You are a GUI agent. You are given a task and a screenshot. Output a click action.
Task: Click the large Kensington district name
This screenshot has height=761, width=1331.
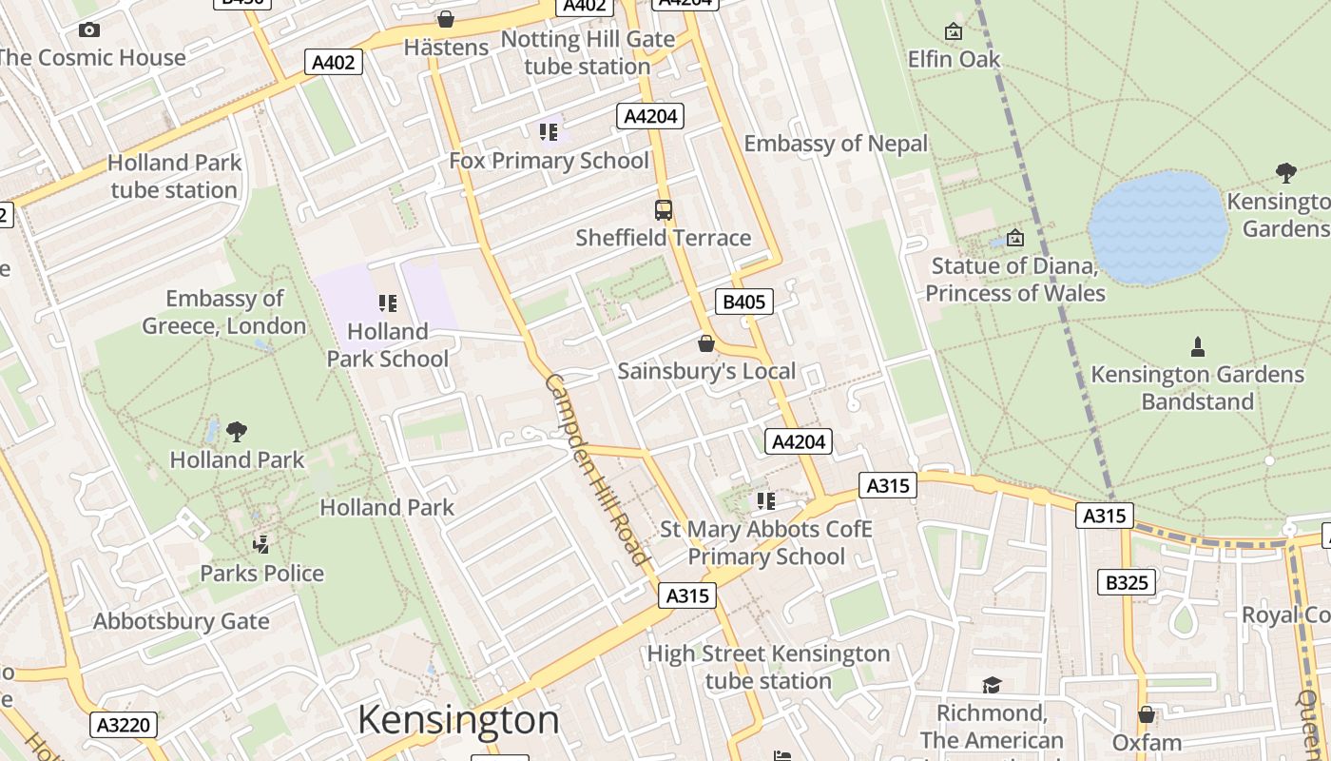pyautogui.click(x=458, y=721)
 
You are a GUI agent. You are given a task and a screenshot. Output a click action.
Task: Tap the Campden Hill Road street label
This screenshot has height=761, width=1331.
pyautogui.click(x=596, y=469)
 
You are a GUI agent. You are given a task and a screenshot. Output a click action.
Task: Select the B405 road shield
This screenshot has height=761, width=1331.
pyautogui.click(x=743, y=302)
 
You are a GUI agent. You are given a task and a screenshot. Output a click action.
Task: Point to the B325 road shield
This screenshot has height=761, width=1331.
pyautogui.click(x=1127, y=582)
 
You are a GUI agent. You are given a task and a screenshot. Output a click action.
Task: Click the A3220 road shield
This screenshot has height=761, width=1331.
pyautogui.click(x=124, y=726)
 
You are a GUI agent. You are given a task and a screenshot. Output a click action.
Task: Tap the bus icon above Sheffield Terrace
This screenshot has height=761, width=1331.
pyautogui.click(x=664, y=210)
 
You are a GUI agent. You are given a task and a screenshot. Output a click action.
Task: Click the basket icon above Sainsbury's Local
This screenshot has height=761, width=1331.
pyautogui.click(x=705, y=343)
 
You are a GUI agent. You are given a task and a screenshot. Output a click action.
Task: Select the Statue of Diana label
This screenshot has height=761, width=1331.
pyautogui.click(x=1014, y=279)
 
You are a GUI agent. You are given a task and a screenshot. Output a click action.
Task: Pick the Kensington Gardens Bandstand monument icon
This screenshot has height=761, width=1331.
pyautogui.click(x=1198, y=347)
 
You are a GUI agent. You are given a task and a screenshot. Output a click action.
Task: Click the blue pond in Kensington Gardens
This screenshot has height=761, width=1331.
pyautogui.click(x=1157, y=228)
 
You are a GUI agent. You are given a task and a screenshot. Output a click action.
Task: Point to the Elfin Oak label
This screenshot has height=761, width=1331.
pyautogui.click(x=954, y=59)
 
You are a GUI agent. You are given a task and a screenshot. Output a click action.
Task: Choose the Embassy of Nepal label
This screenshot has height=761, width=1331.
pyautogui.click(x=836, y=144)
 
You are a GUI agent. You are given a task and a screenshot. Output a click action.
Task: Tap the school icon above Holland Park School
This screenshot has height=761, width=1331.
pyautogui.click(x=387, y=303)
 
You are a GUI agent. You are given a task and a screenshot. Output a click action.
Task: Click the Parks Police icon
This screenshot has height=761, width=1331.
pyautogui.click(x=261, y=545)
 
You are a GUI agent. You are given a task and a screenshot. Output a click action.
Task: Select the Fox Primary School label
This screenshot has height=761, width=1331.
pyautogui.click(x=549, y=161)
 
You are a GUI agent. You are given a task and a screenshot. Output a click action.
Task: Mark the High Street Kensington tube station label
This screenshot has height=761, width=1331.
pyautogui.click(x=768, y=667)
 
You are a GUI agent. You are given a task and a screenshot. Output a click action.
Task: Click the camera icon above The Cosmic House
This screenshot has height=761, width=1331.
pyautogui.click(x=89, y=30)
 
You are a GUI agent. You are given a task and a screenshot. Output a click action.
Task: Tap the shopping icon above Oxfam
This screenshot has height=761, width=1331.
pyautogui.click(x=1147, y=714)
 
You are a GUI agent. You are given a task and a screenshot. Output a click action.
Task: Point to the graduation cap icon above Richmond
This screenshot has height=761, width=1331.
pyautogui.click(x=992, y=685)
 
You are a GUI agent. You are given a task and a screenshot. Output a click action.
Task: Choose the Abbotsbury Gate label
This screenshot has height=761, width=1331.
pyautogui.click(x=181, y=621)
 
